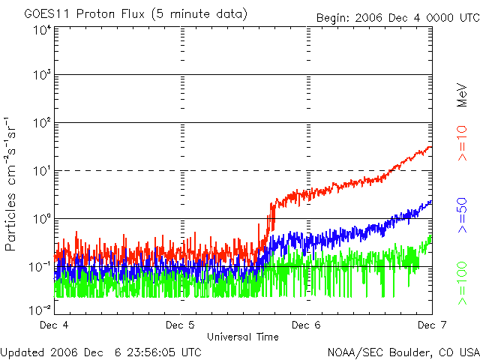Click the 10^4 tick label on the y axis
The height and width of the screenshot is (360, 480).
(x=41, y=30)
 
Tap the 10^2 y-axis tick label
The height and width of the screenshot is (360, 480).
(x=41, y=124)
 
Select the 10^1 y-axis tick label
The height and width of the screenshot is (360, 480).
(x=41, y=172)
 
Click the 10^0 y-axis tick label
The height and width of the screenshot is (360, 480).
(x=41, y=220)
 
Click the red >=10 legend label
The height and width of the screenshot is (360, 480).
(x=463, y=143)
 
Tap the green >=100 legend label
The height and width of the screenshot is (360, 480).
(x=463, y=283)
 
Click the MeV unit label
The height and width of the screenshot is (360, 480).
(x=463, y=94)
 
